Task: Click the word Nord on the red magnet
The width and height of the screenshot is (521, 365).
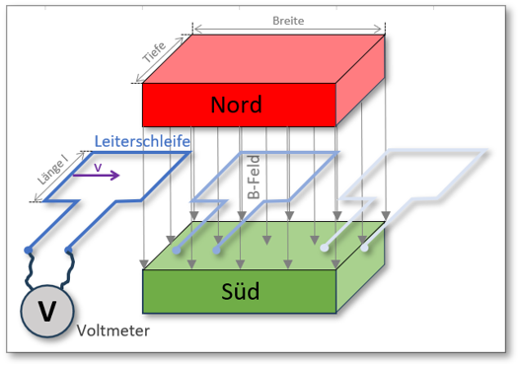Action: (240, 103)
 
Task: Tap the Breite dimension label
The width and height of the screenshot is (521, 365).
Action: (289, 17)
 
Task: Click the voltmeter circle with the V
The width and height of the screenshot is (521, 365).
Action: (46, 309)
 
